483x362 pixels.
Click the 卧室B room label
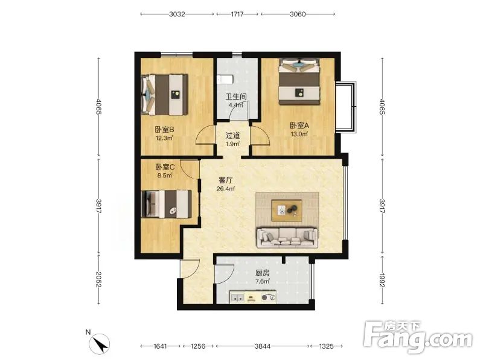coord(164,130)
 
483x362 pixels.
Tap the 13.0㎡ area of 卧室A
coord(299,134)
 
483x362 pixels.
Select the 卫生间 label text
coord(236,97)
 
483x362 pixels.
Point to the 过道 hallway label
coord(232,135)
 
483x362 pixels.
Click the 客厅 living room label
coord(225,180)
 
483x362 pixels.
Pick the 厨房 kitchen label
coord(263,273)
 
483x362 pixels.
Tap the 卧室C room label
coord(165,167)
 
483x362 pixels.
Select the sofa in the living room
coord(287,237)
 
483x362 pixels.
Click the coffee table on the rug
coord(286,210)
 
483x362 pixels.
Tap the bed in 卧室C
coord(167,204)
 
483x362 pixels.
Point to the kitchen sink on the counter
coord(237,297)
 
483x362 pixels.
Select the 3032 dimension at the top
coord(177,14)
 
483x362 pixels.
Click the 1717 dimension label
coord(237,14)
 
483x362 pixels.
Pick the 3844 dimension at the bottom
coord(263,346)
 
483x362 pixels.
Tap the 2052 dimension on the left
coord(98,279)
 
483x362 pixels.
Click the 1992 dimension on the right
coord(382,280)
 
